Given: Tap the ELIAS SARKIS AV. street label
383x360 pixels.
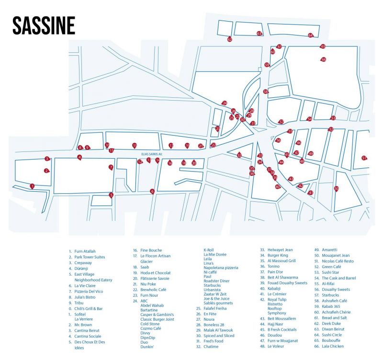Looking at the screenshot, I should [x=152, y=154].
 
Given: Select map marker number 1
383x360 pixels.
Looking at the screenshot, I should [x=32, y=186].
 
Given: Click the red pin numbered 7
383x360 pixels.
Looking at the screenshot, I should [x=111, y=167].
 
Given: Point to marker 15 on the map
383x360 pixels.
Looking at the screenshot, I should [x=135, y=145].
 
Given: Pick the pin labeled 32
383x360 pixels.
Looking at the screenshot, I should [x=239, y=155].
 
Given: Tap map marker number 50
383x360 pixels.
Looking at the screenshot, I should [x=336, y=188].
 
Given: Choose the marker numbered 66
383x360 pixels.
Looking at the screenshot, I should [x=324, y=59].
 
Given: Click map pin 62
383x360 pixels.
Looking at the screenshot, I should [x=229, y=39].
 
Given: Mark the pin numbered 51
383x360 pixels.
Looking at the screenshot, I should [x=364, y=158].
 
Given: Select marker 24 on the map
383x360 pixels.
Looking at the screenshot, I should [x=224, y=103].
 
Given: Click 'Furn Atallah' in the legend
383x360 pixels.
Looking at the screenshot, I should [x=85, y=251].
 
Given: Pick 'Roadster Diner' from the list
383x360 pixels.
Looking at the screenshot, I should [x=216, y=281].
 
